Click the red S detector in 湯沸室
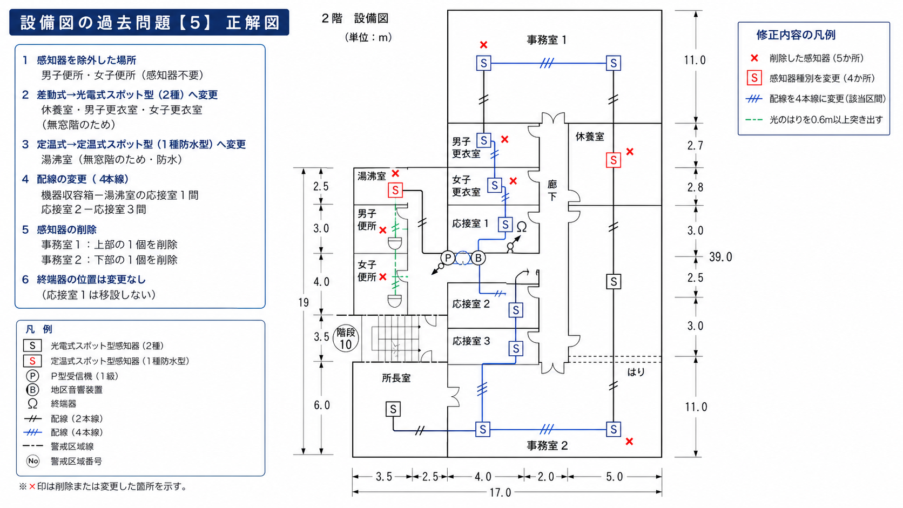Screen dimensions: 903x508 coord(395,190)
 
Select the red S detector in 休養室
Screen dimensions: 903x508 coord(613,160)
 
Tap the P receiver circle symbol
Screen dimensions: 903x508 coord(448,258)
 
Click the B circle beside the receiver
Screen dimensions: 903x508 coord(478,258)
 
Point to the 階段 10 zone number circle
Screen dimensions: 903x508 coord(346,338)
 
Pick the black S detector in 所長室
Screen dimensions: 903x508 coord(393,409)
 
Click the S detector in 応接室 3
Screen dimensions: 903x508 coord(516,348)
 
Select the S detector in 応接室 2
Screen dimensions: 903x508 coord(516,310)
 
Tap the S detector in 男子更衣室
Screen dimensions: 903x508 coord(483,140)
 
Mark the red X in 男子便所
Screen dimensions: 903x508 coord(382,230)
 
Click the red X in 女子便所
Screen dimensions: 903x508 coord(382,277)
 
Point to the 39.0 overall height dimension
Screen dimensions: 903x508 coord(720,257)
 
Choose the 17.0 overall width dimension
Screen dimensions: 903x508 coord(500,492)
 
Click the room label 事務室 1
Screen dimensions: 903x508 coord(546,40)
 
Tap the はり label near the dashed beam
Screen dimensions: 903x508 coord(636,372)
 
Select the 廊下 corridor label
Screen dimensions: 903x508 coord(552,190)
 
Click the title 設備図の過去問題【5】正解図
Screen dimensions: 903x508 coord(150,23)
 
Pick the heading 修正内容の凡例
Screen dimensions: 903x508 coord(796,35)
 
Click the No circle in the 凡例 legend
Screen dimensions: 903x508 coord(32,461)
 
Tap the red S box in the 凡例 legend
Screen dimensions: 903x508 coord(32,361)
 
